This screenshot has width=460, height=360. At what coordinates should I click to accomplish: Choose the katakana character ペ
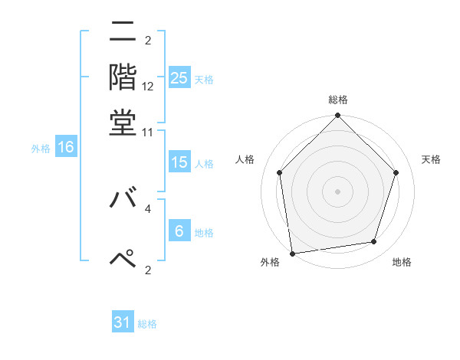(x=123, y=260)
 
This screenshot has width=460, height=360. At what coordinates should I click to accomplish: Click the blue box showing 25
(x=179, y=78)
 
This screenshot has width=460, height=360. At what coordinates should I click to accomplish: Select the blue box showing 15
(x=179, y=162)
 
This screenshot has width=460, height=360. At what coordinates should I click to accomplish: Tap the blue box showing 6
(x=179, y=231)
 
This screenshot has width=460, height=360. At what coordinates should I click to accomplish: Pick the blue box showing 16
(x=66, y=148)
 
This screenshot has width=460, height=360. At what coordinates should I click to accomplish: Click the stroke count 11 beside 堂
(x=148, y=132)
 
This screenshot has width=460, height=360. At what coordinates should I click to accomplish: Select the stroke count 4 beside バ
(x=148, y=207)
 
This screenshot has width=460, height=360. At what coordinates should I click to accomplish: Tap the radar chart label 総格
(x=338, y=100)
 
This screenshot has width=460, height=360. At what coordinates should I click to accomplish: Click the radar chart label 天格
(x=431, y=159)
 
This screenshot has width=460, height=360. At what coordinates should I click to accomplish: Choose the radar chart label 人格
(x=245, y=159)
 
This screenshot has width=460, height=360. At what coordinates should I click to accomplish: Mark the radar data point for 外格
(x=292, y=253)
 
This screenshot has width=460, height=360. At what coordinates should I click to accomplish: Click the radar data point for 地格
(x=374, y=242)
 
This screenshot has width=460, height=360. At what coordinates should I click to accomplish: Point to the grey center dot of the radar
(x=338, y=191)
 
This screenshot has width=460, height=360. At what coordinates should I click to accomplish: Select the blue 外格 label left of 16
(x=41, y=149)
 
